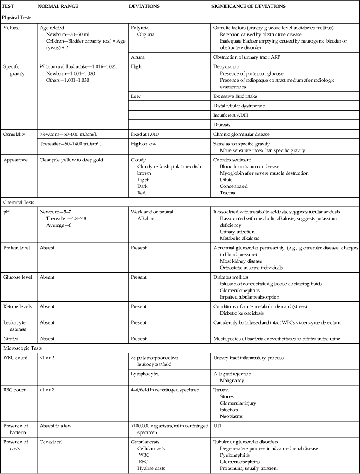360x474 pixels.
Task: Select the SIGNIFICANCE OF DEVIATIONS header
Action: (x=249, y=7)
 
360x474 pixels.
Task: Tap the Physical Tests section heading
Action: (x=17, y=18)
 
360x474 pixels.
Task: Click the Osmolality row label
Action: (x=15, y=135)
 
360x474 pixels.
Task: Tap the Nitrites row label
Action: (x=12, y=339)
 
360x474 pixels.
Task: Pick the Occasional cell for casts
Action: (x=51, y=442)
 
